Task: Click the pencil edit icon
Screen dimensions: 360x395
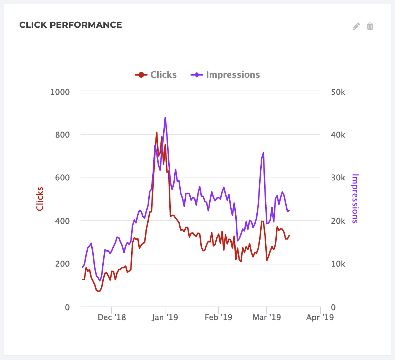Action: pos(356,26)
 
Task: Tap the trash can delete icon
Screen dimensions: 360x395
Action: pos(370,26)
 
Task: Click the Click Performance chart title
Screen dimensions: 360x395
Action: pos(71,25)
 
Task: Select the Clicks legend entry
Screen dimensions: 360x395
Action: pos(156,75)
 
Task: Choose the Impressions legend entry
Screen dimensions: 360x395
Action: pos(226,75)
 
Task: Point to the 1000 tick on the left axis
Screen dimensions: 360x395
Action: pos(60,92)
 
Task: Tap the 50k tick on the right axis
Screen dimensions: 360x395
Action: pos(338,92)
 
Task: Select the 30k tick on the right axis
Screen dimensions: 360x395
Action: pos(338,178)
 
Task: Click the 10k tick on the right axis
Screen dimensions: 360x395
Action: pos(338,264)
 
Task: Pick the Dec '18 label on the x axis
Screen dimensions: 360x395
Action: pos(112,317)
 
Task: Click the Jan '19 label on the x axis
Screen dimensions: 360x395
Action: pos(165,317)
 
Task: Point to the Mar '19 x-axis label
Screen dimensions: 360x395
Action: pos(266,317)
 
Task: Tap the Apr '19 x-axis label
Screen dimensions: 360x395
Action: pos(320,317)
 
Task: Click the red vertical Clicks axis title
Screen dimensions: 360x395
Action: pos(40,199)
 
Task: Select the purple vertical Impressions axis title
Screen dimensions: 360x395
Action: pos(355,199)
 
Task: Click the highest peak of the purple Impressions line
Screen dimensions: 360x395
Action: pos(165,117)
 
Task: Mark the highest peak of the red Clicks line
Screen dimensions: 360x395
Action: pos(157,132)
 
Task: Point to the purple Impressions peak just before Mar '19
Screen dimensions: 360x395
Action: pos(263,153)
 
